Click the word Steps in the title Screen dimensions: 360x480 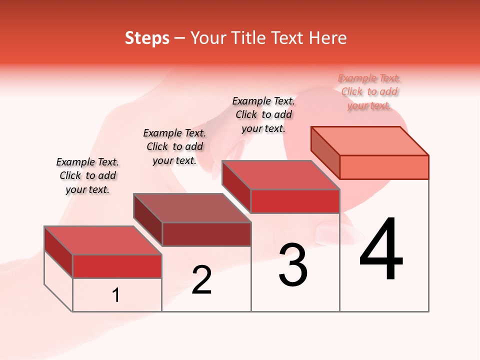[x=147, y=38]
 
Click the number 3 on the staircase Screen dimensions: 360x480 [x=293, y=265]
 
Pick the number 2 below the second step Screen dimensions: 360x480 [x=201, y=280]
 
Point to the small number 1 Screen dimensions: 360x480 [x=116, y=295]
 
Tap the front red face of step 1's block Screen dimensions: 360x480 [x=117, y=266]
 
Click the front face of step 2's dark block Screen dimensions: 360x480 [x=206, y=234]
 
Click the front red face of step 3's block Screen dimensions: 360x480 [x=295, y=201]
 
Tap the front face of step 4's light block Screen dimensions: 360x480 [x=384, y=167]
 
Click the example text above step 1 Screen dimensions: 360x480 [x=87, y=175]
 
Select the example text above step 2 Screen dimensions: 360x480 [x=174, y=146]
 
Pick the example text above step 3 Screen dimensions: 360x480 [x=263, y=114]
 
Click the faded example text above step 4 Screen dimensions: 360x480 [x=369, y=91]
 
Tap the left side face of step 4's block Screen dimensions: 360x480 [x=325, y=152]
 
